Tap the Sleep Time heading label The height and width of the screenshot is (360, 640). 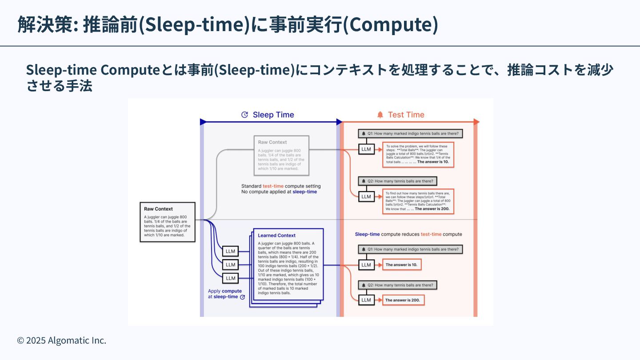[x=273, y=115]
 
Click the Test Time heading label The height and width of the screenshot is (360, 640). [x=406, y=115]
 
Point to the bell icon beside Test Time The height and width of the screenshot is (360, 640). [x=380, y=115]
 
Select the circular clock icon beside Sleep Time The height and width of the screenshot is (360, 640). [x=244, y=115]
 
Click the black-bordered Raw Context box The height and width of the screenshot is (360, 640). [x=168, y=222]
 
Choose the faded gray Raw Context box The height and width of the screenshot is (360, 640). [x=282, y=156]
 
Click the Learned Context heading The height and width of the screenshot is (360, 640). [x=276, y=235]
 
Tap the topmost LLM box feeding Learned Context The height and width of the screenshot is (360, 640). [x=230, y=251]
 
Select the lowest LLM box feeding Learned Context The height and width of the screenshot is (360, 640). [x=230, y=278]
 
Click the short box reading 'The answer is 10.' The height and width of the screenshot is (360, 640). [x=402, y=265]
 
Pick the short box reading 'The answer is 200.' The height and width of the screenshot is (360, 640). [x=403, y=300]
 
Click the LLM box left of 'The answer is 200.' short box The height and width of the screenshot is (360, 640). [x=366, y=300]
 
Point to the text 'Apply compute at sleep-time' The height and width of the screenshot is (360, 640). [x=226, y=294]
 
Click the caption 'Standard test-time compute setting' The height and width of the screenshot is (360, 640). [x=281, y=186]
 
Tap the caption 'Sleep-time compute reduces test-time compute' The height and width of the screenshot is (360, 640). [x=408, y=234]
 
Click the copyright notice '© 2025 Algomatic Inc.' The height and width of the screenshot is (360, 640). [x=62, y=340]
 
